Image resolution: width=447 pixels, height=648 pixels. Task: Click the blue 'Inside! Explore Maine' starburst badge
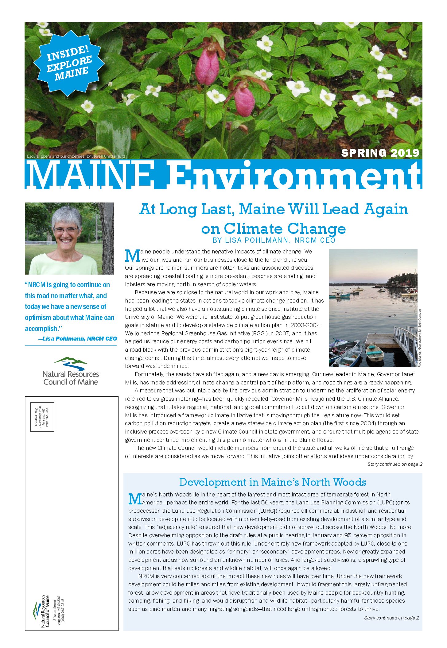69,63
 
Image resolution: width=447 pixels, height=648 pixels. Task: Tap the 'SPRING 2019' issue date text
380,153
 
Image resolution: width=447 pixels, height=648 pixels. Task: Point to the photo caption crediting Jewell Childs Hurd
76,156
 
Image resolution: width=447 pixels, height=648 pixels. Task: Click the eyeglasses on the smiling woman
65,230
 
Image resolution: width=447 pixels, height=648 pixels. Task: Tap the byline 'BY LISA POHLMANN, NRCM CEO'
274,240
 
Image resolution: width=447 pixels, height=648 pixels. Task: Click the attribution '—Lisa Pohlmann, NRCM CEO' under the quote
78,339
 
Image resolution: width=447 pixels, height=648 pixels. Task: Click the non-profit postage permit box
42,417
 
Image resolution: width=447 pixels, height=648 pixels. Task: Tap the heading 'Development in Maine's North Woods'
273,482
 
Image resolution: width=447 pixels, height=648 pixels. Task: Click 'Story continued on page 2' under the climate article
395,464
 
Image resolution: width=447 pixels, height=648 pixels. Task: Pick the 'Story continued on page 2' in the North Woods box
391,618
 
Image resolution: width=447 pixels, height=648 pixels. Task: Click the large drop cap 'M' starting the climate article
132,256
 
